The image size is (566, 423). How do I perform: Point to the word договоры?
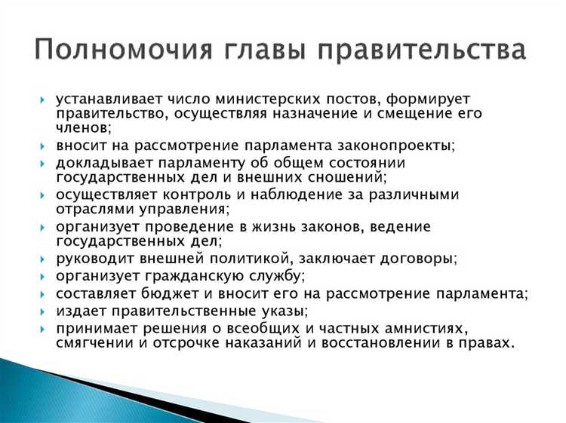tap(417, 259)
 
